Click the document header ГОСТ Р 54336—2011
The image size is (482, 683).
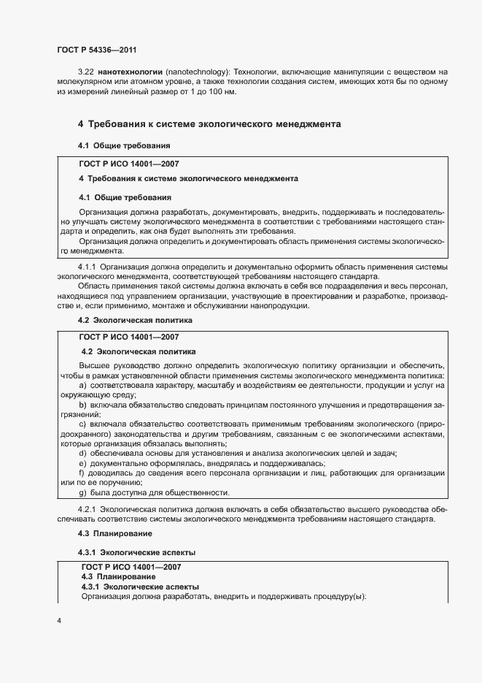click(96, 50)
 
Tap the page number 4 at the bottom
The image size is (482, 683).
click(59, 621)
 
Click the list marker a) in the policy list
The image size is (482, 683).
click(82, 385)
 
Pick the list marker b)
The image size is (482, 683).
click(82, 405)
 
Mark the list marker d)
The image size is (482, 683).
click(82, 454)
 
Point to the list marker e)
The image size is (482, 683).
click(82, 464)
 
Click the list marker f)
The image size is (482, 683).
click(82, 473)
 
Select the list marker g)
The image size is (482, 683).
click(82, 493)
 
